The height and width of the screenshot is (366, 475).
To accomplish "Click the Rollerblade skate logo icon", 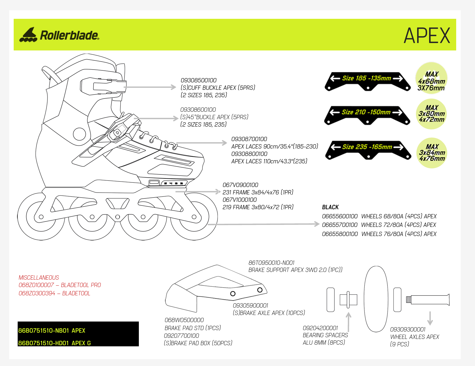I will pyautogui.click(x=28, y=35).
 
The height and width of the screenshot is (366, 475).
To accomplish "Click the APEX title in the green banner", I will pyautogui.click(x=427, y=36).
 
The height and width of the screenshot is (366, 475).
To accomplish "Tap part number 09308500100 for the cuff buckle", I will pyautogui.click(x=198, y=80).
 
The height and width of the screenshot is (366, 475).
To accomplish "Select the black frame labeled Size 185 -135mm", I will pyautogui.click(x=367, y=81).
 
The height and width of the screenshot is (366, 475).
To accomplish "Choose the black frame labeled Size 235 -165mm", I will pyautogui.click(x=368, y=150).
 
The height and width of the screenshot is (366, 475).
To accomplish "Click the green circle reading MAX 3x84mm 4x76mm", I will pyautogui.click(x=432, y=153).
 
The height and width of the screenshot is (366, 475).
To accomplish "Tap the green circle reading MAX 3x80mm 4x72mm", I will pyautogui.click(x=431, y=114).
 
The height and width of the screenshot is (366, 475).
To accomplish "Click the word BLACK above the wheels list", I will pyautogui.click(x=330, y=207).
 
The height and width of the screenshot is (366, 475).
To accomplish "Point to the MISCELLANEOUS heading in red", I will pyautogui.click(x=39, y=278).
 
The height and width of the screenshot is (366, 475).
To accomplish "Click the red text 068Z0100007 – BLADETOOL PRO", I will pyautogui.click(x=60, y=285).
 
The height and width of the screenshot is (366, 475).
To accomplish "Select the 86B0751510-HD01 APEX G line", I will pyautogui.click(x=54, y=343).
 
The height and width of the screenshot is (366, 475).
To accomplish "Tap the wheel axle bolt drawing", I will pyautogui.click(x=428, y=300).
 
